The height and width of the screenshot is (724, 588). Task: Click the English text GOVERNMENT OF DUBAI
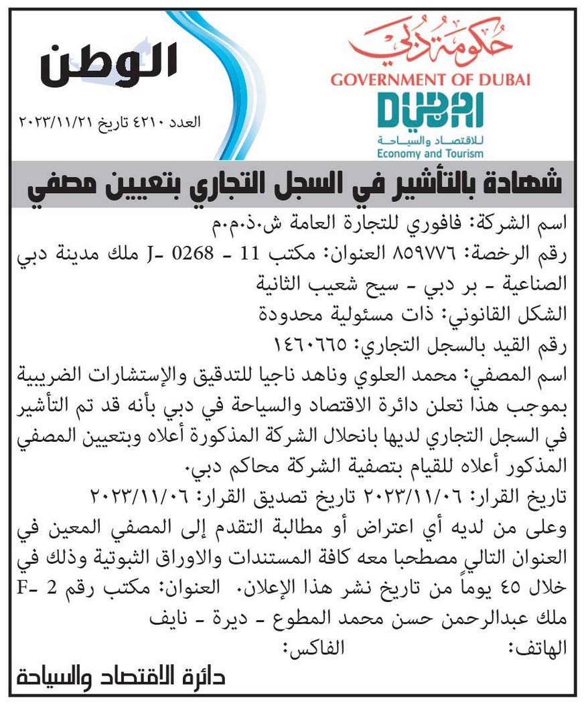click(430, 80)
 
